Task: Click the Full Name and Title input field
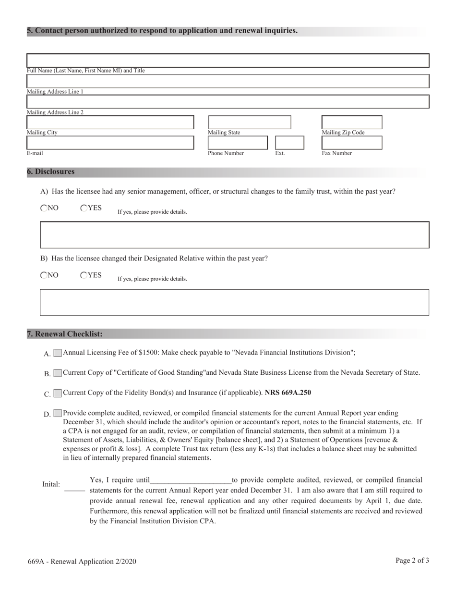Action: (x=228, y=61)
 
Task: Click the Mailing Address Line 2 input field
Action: (x=228, y=102)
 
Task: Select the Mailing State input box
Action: (x=249, y=123)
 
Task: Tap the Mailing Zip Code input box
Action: (x=351, y=123)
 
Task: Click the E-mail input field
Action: (x=110, y=143)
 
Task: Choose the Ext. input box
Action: (x=289, y=143)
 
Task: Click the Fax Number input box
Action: (x=351, y=143)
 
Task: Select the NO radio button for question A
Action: (x=44, y=208)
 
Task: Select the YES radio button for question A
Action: (x=84, y=208)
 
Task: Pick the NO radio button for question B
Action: (x=44, y=275)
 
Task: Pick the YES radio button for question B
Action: (x=84, y=275)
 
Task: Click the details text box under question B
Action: (x=234, y=302)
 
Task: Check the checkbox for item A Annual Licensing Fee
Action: (x=58, y=353)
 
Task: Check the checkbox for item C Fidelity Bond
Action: (x=58, y=394)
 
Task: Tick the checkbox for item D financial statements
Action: (x=58, y=413)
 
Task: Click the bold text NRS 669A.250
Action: (x=288, y=393)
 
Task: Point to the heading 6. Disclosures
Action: (x=51, y=172)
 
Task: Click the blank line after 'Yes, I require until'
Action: (x=191, y=480)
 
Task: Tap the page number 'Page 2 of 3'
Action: (x=412, y=560)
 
